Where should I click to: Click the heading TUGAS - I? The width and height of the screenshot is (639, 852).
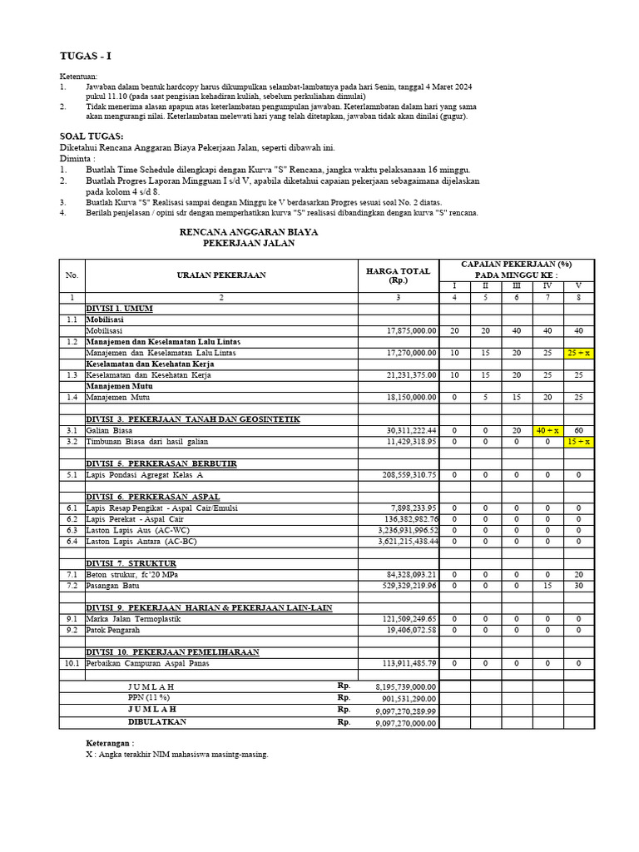tap(85, 56)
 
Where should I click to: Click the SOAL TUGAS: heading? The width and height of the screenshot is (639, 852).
tap(92, 136)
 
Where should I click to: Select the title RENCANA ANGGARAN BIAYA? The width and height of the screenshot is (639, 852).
tap(249, 231)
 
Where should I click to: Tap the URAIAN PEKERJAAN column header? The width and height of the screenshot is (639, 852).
tap(220, 275)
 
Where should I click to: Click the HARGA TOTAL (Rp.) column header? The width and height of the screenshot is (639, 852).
tap(398, 275)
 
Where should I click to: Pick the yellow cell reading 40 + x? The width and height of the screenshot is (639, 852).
tap(547, 430)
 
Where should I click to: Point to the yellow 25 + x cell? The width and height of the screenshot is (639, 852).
tap(578, 353)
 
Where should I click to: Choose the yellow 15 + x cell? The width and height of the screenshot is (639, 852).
tap(578, 441)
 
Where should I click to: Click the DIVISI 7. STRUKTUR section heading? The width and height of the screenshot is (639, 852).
tap(131, 563)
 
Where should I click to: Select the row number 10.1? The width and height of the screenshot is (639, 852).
tap(72, 663)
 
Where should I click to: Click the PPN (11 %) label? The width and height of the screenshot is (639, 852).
tap(148, 698)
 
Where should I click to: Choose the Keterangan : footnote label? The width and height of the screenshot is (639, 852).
tap(110, 742)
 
